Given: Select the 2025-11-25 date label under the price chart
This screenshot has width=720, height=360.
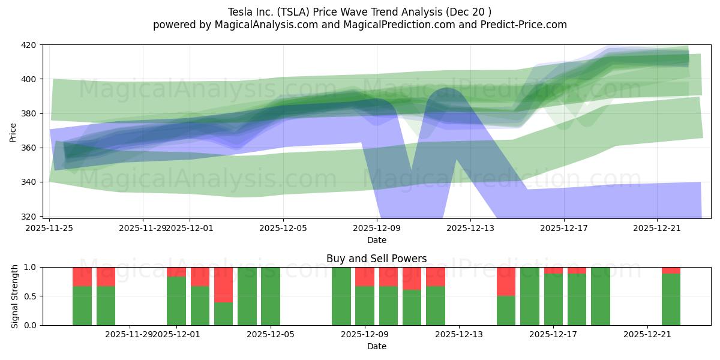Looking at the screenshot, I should pos(49,228).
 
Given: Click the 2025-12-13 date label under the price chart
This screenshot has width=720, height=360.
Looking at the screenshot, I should pos(470,228).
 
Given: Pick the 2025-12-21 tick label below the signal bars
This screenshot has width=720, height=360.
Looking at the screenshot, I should pos(647,334).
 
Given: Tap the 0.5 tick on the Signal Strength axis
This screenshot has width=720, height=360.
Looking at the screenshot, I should pos(32,296).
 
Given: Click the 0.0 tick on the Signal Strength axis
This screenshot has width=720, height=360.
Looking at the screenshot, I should pos(32,325).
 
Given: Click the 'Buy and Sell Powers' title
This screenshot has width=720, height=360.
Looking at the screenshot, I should pos(376,259).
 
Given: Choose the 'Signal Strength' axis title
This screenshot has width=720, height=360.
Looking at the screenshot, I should pos(15,296).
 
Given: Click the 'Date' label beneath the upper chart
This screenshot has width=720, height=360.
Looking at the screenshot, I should pos(376,240).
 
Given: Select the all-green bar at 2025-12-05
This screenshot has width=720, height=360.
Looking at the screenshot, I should pos(271,296).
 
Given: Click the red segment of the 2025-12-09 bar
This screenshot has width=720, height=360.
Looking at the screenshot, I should pos(365,277).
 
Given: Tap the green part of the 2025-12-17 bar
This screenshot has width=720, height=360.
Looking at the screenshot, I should pos(553,299).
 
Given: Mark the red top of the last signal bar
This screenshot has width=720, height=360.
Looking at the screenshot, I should pos(671,270).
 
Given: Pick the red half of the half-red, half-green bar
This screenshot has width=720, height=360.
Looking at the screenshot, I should pos(506,281).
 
